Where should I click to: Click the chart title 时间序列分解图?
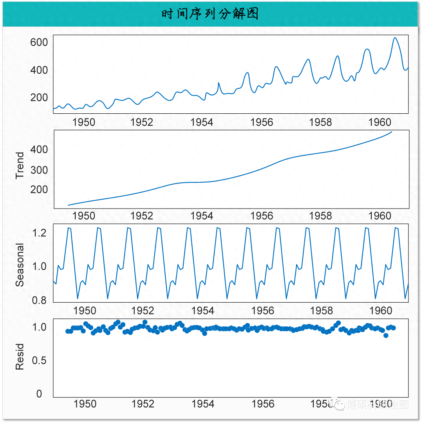coord(210,14)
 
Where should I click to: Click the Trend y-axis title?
coord(20,165)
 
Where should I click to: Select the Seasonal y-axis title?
coord(20,265)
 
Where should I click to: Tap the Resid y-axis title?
coord(20,357)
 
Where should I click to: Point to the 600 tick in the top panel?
coord(39,42)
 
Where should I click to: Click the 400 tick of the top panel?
coord(39,70)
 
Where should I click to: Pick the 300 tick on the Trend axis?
coord(39,170)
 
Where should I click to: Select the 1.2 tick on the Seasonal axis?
coord(39,233)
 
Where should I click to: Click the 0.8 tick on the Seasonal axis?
coord(39,300)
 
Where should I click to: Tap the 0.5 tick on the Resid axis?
coord(39,360)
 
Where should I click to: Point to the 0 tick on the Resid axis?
coord(39,394)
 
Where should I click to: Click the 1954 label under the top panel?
coord(202,122)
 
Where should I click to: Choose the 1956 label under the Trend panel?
coord(262,216)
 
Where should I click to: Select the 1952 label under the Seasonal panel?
coord(143,311)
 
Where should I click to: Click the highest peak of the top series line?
coord(395,38)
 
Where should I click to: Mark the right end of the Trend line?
coord(392,132)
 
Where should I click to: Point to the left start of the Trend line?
coord(68,205)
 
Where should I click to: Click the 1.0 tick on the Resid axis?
coord(39,327)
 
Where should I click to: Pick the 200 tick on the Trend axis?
coord(39,189)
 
